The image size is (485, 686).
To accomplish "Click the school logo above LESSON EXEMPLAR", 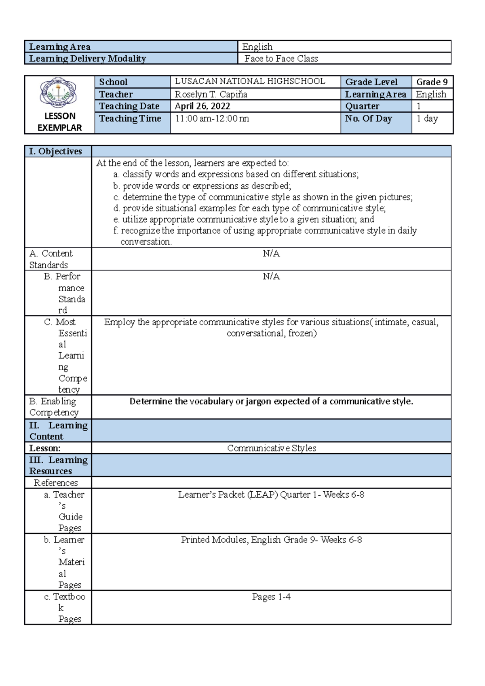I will coord(59,93).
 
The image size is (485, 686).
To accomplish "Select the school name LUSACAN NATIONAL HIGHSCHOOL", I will coord(250,82).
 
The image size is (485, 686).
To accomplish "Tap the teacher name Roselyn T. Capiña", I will coord(211,95).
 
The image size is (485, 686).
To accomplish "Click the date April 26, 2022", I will coord(202,106).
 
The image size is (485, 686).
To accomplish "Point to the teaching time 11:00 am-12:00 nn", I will coord(212,119).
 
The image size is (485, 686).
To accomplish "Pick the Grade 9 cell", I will coord(432,82).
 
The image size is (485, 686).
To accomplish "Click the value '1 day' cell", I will coord(427,119).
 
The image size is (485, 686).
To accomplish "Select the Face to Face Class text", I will coord(281,59).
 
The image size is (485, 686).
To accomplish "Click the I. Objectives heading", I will coord(55,152).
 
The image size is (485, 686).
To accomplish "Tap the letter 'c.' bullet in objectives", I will coord(116,197).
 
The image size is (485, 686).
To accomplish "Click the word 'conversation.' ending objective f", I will coord(146,242).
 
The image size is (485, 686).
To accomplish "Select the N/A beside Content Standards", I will coord(271,254).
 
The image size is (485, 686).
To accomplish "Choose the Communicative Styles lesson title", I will coord(271,448).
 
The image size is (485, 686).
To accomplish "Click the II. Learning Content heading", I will coord(58,431).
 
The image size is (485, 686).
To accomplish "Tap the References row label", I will coord(56,483).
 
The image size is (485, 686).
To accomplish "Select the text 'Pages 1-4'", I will coord(271,597).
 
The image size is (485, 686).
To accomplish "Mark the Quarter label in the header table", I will coord(362,106).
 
